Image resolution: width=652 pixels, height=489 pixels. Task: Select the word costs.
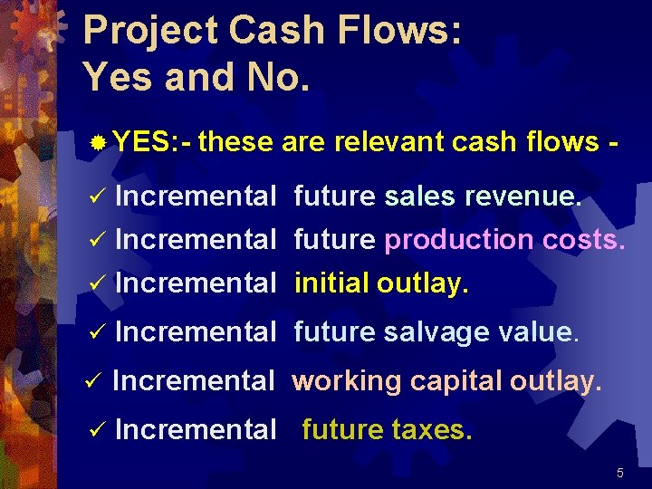click(x=584, y=240)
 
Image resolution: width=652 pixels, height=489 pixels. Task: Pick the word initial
click(x=331, y=283)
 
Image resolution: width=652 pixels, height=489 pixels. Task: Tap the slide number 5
click(x=620, y=473)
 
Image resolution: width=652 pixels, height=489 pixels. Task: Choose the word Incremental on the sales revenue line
click(x=196, y=196)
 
